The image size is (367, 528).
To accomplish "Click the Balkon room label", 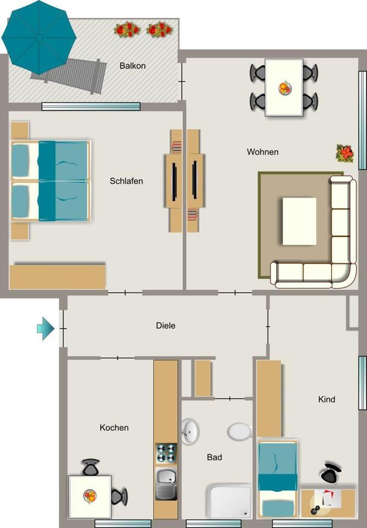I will coord(132,66).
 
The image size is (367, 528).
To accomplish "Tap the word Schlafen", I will coord(126,181).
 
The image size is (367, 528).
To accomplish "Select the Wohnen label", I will coord(262,152).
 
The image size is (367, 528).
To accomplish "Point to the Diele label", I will coord(166,326).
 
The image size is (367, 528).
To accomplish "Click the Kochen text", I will coord(114,427).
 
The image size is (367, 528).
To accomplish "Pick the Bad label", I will coord(214,457).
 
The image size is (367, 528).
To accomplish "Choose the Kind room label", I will coord(326,399).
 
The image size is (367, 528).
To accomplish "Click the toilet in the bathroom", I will coord(239,431).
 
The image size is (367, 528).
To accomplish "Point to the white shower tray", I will coord(229,501).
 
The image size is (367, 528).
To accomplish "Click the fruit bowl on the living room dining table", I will coord(284,88).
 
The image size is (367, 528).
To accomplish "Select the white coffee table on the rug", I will coord(299,221).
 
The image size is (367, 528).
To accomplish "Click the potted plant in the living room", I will coord(344,153).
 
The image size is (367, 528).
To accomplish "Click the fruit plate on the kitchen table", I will coord(90,496).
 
